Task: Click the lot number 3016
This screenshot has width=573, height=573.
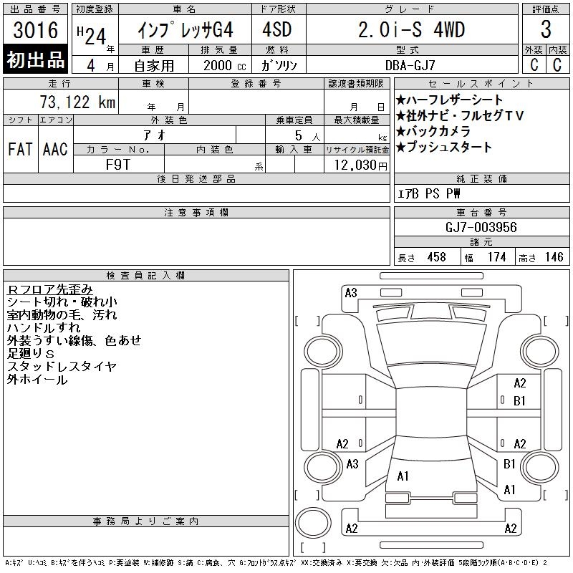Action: coord(35,30)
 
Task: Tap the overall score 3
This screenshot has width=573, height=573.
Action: coord(546,29)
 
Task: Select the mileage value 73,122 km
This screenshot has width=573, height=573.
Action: coord(77,102)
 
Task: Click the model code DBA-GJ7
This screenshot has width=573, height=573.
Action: coord(410,65)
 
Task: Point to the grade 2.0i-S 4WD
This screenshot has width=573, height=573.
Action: coord(411,29)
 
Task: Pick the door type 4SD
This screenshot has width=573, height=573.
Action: coord(277,29)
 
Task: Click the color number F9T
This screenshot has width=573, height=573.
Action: coord(117,165)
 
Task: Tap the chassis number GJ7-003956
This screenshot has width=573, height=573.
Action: coord(481,227)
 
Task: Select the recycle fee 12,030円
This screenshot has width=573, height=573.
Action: coord(361,165)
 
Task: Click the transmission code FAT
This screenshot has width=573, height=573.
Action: coord(20,149)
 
